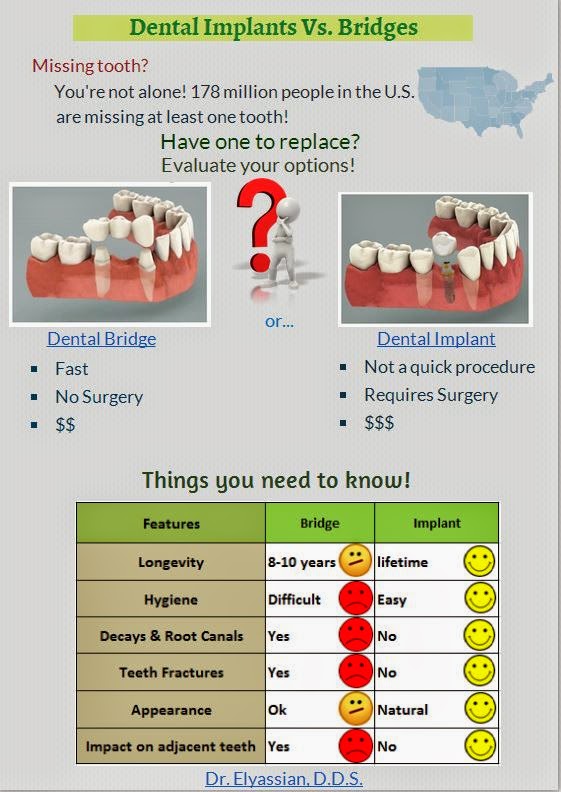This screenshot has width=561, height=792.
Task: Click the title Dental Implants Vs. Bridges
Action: point(273,28)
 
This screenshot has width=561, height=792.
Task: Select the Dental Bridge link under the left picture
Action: point(101,339)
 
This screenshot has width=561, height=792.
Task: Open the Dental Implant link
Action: point(436,339)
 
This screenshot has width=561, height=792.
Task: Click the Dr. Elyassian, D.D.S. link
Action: point(284,778)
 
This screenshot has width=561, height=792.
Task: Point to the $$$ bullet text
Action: point(379,423)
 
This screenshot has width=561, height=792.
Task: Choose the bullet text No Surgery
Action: point(99,397)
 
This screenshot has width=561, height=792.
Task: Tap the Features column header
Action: point(171,524)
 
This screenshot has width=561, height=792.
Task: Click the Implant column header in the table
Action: point(437,523)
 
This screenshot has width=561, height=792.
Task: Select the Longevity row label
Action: point(171,563)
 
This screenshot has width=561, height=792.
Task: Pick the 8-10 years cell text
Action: point(301,562)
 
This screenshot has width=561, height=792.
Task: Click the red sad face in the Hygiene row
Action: point(355,599)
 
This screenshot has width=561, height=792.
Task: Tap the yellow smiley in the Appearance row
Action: point(480,708)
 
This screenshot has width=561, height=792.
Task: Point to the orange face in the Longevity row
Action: point(355,560)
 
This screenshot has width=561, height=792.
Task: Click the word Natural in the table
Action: point(402,710)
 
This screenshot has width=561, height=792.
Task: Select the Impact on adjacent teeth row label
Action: point(171,747)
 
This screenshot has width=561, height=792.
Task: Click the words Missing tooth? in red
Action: point(90,66)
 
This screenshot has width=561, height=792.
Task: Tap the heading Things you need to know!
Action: point(276,480)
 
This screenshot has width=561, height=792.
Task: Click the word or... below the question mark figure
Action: point(279,321)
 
